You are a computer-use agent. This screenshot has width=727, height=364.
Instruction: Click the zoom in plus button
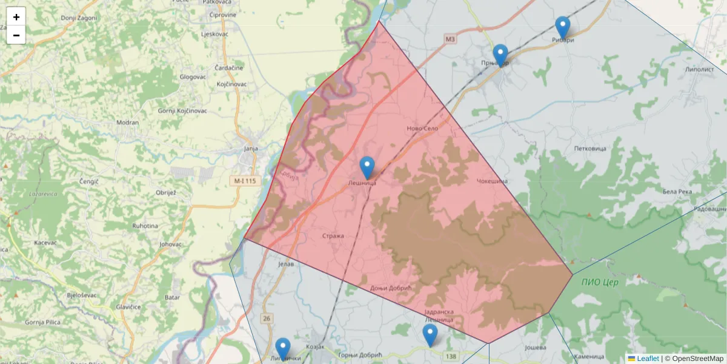pyautogui.click(x=16, y=17)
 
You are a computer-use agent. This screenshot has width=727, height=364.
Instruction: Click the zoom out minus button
pyautogui.click(x=16, y=35)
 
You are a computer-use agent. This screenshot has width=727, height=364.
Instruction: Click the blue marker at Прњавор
pyautogui.click(x=500, y=56)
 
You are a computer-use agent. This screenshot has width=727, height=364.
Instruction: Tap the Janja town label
pyautogui.click(x=250, y=148)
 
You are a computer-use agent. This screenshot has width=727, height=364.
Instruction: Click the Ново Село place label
pyautogui.click(x=422, y=129)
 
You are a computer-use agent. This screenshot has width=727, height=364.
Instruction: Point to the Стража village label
pyautogui.click(x=333, y=236)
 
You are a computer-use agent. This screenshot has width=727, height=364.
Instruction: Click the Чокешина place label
pyautogui.click(x=491, y=181)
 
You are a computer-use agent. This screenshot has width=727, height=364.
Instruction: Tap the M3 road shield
pyautogui.click(x=450, y=39)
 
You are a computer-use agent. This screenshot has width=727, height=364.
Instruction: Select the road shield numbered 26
pyautogui.click(x=267, y=318)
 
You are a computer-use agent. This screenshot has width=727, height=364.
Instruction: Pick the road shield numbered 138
pyautogui.click(x=450, y=356)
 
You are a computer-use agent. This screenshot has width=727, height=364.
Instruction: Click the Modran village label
pyautogui.click(x=128, y=122)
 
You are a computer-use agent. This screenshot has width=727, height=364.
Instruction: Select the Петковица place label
pyautogui.click(x=590, y=148)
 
